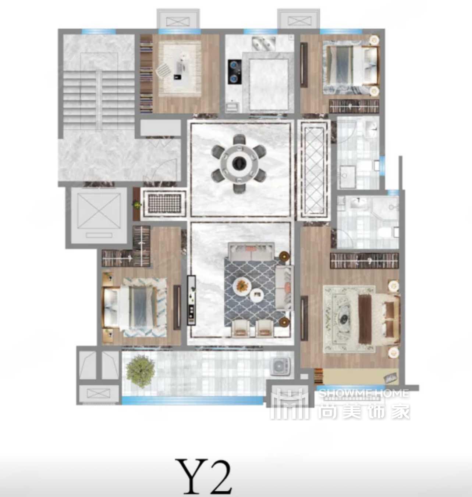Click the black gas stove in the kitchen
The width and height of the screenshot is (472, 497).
click(233, 72)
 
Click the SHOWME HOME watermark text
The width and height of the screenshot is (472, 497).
click(363, 393)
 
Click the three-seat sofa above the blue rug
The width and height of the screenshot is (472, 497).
click(251, 252)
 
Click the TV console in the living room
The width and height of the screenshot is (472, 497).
click(191, 300)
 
